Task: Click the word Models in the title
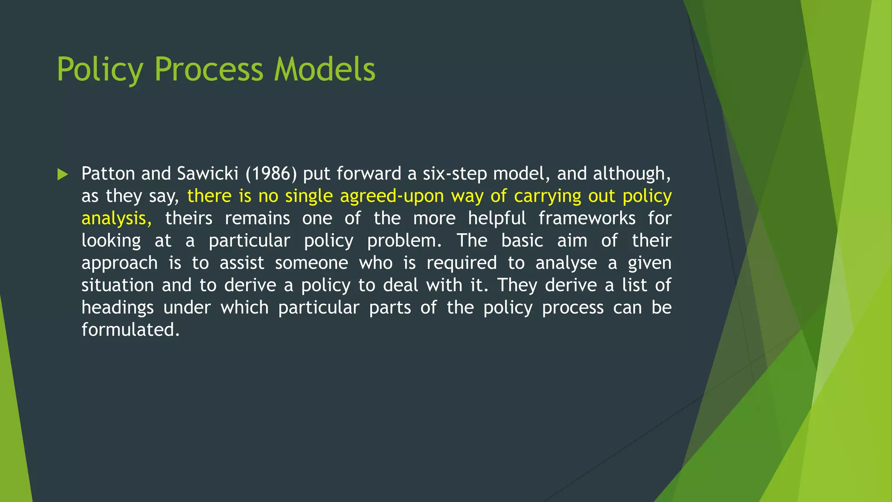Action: [x=324, y=70]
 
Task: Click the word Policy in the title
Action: [x=100, y=70]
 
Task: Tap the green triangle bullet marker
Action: [x=63, y=175]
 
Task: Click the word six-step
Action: [x=454, y=174]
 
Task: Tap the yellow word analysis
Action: [x=116, y=219]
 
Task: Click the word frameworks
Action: [x=587, y=218]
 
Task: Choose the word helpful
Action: [x=497, y=218]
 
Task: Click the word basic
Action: [x=522, y=241]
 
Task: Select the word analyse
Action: [x=566, y=263]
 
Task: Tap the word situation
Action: [x=118, y=285]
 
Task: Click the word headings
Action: [x=118, y=308]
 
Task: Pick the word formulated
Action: [x=130, y=330]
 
